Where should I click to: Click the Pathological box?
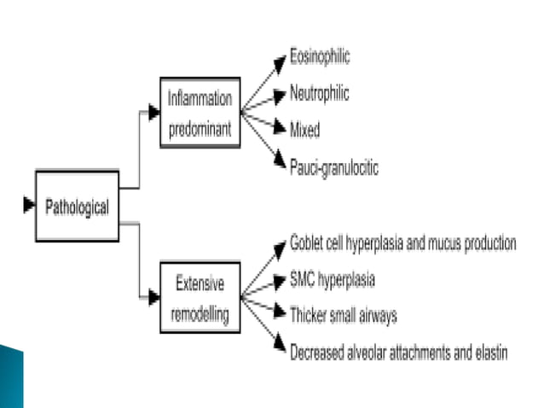coord(76,206)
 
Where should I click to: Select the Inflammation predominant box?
coord(200,111)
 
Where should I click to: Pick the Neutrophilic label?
coord(320,94)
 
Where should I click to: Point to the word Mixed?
coord(304,131)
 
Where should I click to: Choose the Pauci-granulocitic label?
coord(333,167)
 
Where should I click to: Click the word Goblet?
coord(308,242)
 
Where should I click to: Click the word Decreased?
coord(317,351)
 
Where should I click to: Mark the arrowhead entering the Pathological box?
coord(27,205)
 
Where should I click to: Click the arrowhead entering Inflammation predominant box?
coord(153,112)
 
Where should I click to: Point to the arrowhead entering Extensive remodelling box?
coord(153,298)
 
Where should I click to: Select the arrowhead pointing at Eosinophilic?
coord(279,62)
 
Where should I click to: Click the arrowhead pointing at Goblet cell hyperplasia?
coord(279,248)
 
